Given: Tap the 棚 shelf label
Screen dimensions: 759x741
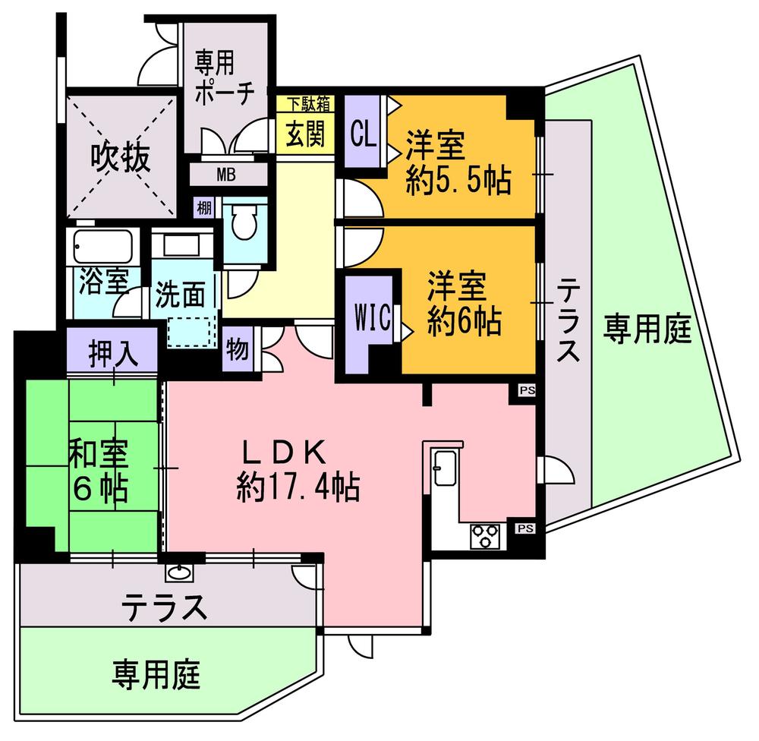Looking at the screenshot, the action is [203, 207].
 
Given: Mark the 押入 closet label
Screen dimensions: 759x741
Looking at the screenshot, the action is [113, 353].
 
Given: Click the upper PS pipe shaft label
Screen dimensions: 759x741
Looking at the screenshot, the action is [525, 391].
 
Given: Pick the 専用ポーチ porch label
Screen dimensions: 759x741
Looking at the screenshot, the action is [224, 73].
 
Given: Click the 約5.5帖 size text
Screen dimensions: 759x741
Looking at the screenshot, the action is [458, 180].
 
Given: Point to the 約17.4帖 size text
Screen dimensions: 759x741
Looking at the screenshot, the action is [298, 486].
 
